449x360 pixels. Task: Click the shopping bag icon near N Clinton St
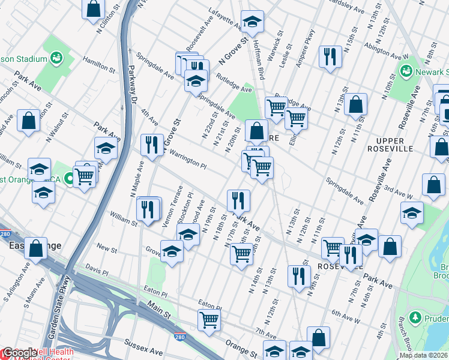coord(93,10)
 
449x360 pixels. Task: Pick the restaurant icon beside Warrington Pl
coord(152,144)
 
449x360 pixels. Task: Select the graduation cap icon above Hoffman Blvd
coord(253,21)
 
